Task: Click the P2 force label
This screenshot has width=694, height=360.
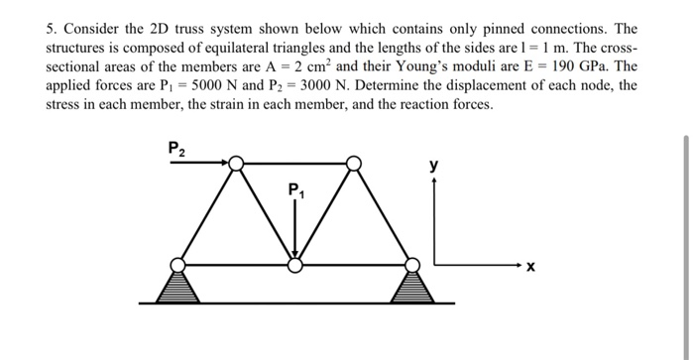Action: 175,150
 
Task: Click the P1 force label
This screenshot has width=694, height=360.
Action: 295,189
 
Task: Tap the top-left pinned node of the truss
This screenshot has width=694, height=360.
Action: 235,161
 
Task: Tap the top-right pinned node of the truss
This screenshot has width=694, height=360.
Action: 354,161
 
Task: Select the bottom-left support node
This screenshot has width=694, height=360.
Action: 176,264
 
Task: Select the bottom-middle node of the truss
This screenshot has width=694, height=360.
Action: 294,264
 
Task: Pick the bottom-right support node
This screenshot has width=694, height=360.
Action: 413,264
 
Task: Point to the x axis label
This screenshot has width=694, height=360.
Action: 530,267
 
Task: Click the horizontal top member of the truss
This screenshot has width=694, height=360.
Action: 294,161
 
